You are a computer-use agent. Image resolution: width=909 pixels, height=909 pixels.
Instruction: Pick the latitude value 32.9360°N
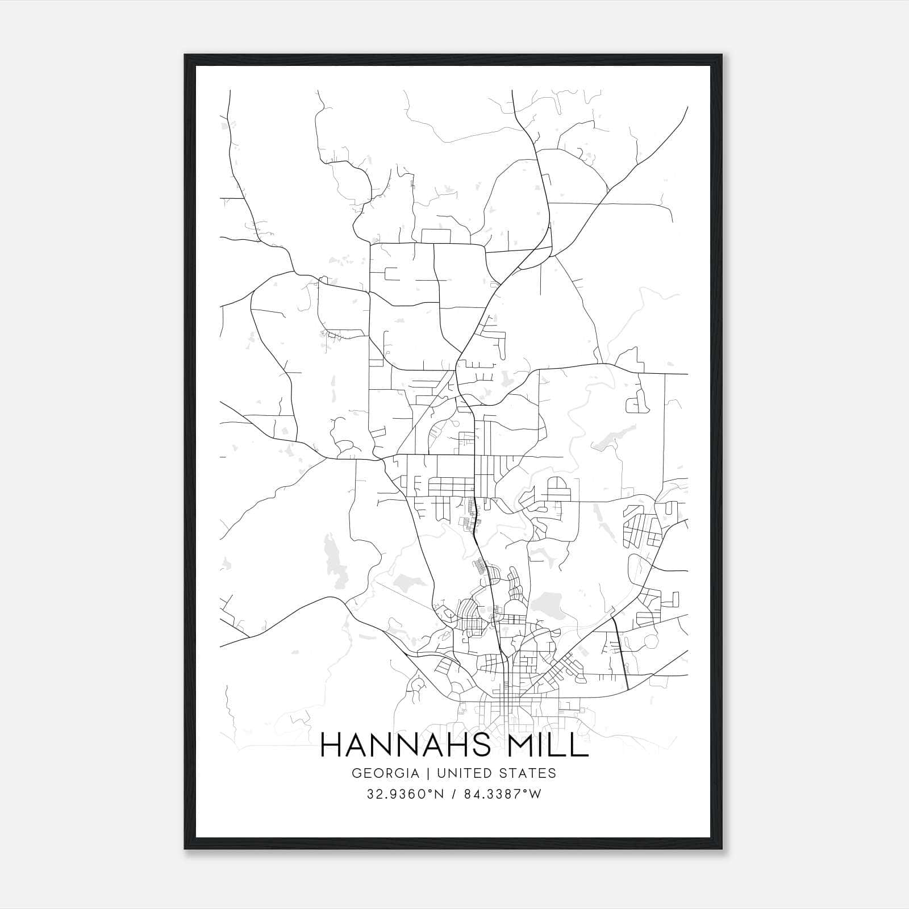pos(405,794)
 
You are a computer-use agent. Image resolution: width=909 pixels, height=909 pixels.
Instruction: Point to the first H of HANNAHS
pos(331,745)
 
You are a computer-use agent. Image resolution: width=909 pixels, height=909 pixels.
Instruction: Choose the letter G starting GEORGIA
pos(356,773)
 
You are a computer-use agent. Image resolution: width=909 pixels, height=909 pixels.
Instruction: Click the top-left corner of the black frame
pos(185,55)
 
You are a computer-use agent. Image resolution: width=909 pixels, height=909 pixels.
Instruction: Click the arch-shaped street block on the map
pos(557,488)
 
